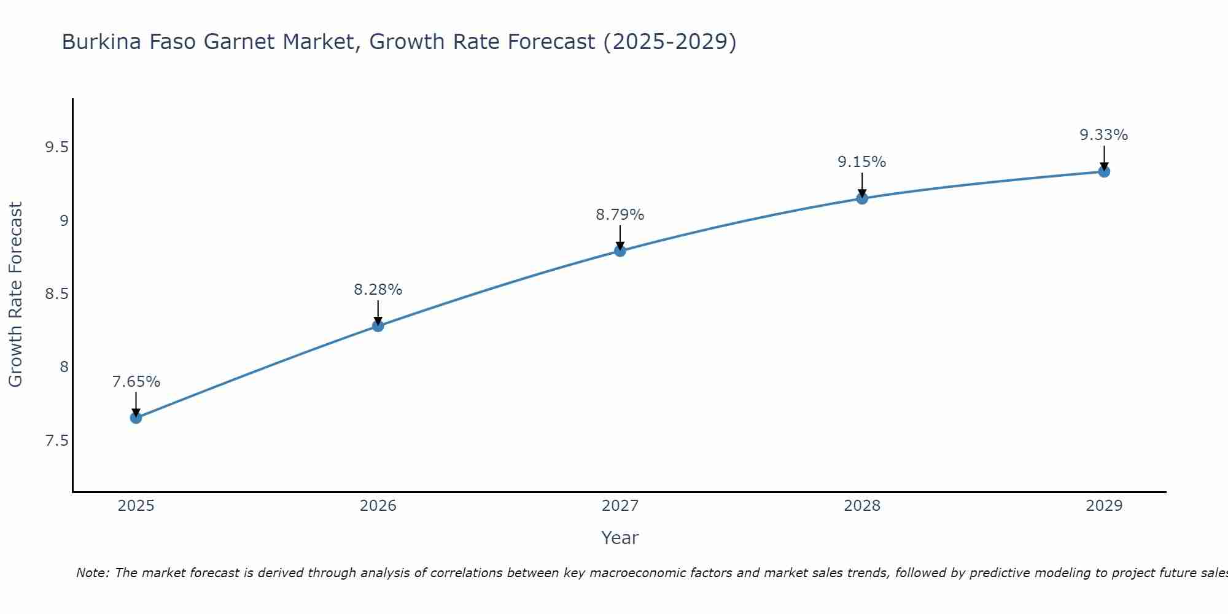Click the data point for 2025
(136, 418)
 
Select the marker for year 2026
(378, 325)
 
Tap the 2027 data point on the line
(620, 251)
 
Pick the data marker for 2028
(862, 198)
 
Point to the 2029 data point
(1104, 171)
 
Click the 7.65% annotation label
(136, 382)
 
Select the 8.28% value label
(378, 290)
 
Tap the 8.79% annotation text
(620, 215)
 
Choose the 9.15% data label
(862, 162)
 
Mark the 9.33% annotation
(1104, 135)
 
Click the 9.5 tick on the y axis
(56, 147)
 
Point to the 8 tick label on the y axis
(64, 367)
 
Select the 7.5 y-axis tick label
(56, 441)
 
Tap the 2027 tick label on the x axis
(620, 506)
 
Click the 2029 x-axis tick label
(1104, 506)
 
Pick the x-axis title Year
(620, 538)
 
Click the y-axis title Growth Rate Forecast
(15, 295)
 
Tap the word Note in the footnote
(92, 573)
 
